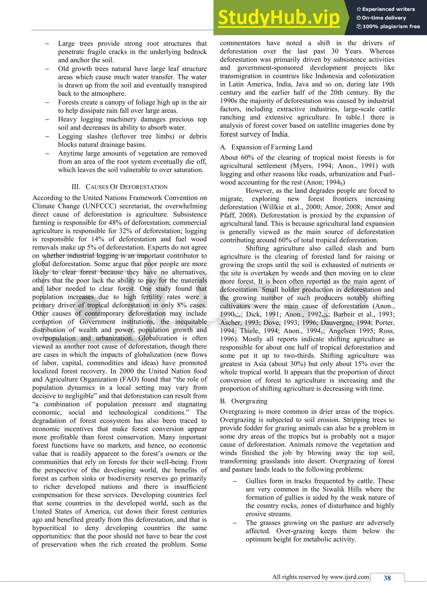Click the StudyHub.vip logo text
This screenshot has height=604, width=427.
(x=279, y=18)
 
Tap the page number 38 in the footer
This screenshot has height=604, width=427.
(x=387, y=578)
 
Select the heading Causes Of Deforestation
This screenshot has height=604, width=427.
(x=120, y=187)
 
